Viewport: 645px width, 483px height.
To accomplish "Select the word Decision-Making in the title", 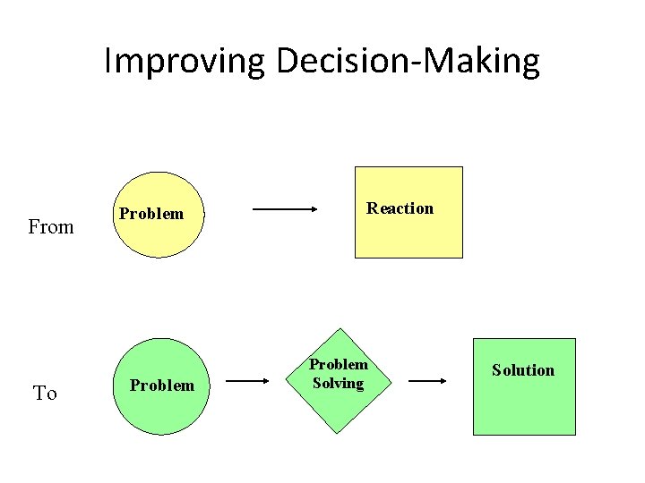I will point(408,62).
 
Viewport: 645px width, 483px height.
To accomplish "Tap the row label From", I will point(51,227).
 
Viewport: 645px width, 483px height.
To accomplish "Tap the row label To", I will point(45,394).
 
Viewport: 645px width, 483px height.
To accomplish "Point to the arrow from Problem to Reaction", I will point(285,210).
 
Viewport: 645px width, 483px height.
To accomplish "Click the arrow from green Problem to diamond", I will point(246,381).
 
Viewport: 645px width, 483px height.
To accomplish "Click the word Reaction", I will point(400,208).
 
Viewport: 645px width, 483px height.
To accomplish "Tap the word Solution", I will point(523,370).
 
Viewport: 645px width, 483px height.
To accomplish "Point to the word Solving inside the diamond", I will point(338,384).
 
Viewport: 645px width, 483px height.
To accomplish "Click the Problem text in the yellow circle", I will point(151,214).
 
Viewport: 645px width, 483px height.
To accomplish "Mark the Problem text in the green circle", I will point(162,386).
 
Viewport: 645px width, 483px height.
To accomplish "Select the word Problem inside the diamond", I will point(339,365).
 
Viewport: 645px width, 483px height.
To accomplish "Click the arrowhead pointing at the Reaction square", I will point(313,210).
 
